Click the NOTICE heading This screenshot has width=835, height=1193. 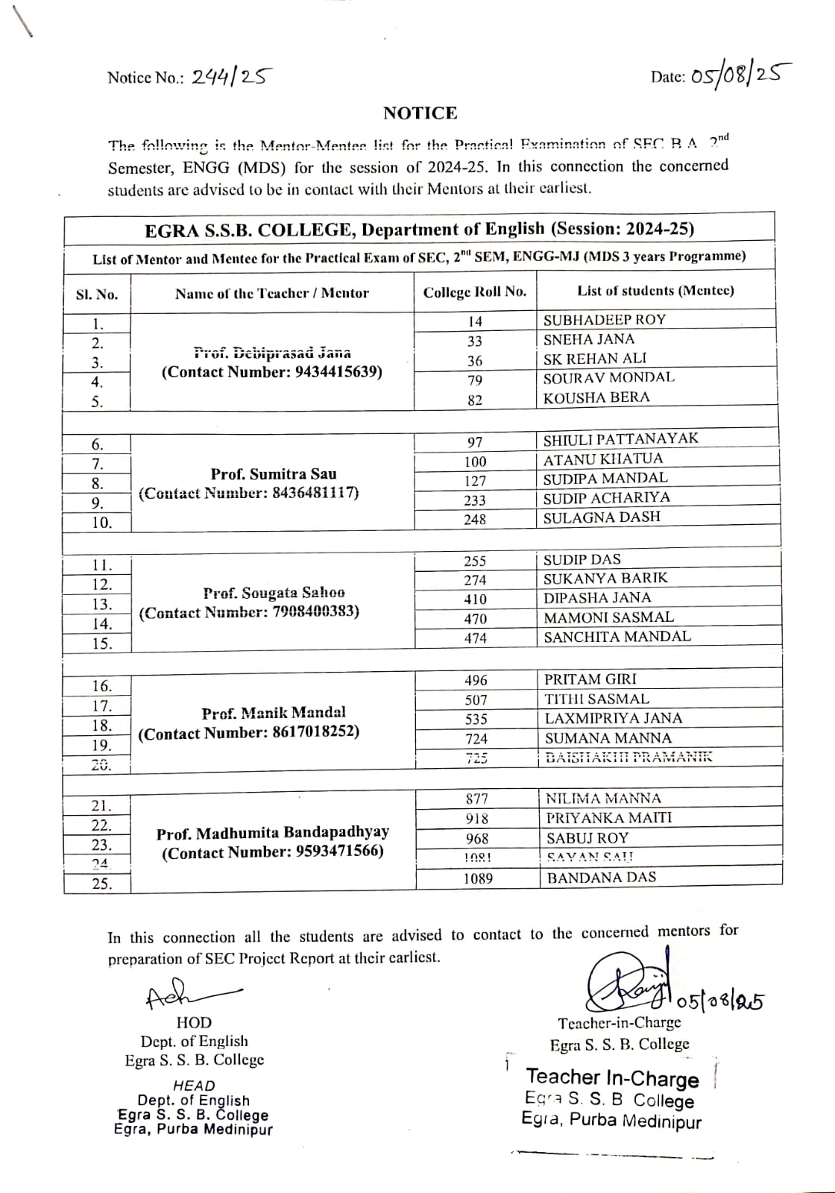(420, 113)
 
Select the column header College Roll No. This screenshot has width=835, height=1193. (475, 292)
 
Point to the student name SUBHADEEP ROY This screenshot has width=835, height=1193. (604, 320)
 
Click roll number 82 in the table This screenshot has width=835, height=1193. (475, 400)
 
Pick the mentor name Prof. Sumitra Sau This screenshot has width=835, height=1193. (274, 474)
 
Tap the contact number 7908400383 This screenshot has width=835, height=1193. (307, 612)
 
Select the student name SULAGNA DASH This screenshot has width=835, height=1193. (602, 517)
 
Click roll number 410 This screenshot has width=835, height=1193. (475, 599)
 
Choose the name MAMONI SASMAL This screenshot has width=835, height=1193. (608, 617)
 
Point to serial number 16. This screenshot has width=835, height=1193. (101, 687)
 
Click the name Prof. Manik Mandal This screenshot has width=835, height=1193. (274, 713)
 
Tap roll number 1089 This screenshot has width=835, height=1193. (478, 879)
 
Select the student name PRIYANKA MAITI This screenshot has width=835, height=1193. (608, 818)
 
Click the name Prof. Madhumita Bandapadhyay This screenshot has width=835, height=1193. (273, 833)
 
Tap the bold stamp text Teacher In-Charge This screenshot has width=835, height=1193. (612, 1077)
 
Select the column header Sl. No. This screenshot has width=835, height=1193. (97, 295)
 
